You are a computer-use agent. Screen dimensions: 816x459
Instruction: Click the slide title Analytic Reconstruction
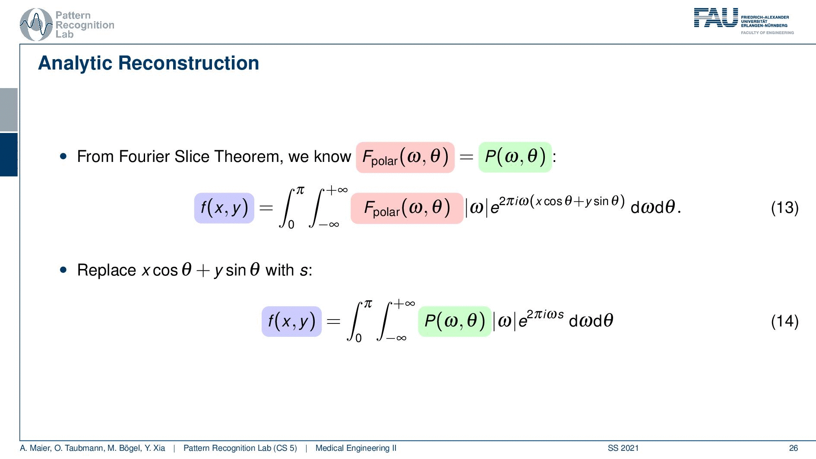click(149, 63)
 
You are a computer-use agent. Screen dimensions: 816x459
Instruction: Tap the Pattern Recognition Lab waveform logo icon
click(36, 25)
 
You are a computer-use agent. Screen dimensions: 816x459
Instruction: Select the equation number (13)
click(785, 208)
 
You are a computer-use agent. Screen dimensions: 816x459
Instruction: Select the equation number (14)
click(785, 321)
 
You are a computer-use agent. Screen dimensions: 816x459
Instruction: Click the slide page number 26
click(794, 448)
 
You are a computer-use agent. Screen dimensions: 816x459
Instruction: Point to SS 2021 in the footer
click(623, 448)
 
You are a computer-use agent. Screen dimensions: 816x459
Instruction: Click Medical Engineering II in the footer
click(356, 448)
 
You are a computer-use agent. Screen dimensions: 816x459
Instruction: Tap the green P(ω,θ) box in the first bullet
click(515, 157)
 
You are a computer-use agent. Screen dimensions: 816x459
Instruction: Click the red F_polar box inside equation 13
click(407, 208)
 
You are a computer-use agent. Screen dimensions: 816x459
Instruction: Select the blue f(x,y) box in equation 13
click(224, 208)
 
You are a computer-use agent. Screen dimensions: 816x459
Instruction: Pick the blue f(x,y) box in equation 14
click(291, 321)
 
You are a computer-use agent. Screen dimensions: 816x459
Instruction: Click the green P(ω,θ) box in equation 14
click(455, 321)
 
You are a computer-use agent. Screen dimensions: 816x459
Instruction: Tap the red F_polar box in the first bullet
click(405, 157)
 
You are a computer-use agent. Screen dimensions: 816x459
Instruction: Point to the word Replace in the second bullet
click(107, 270)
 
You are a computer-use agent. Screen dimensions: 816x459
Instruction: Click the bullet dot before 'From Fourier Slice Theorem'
click(64, 156)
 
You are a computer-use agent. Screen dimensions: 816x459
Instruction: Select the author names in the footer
click(92, 448)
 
